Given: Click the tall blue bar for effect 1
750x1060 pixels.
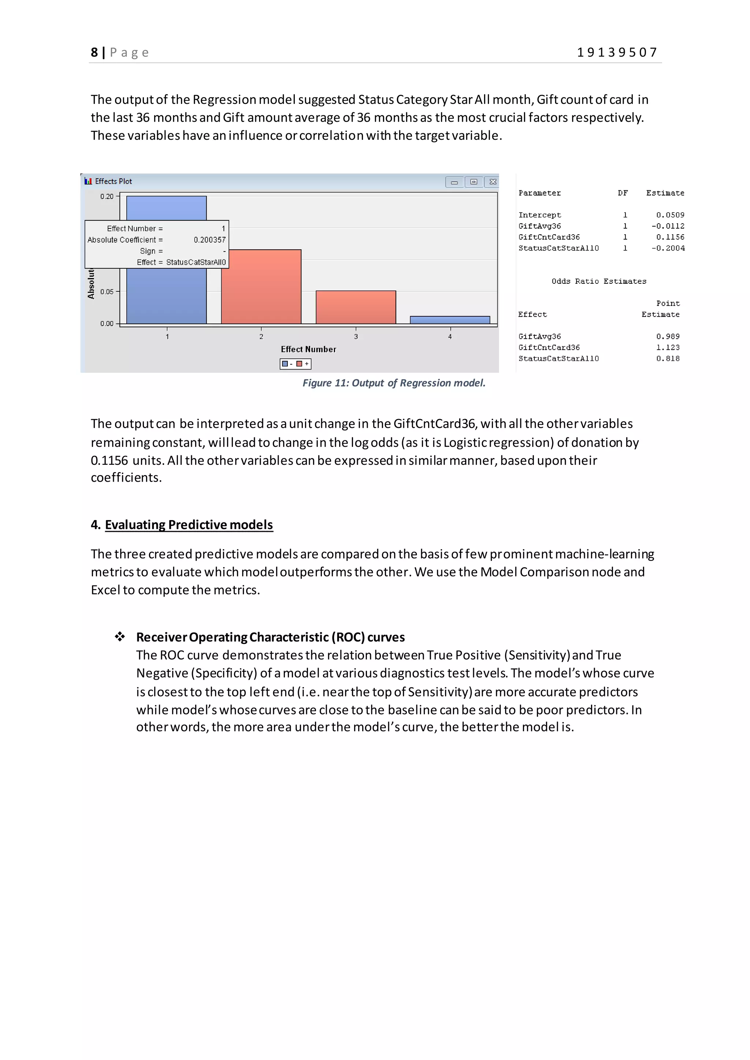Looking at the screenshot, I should [166, 295].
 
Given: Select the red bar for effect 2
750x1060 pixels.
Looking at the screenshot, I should [261, 286].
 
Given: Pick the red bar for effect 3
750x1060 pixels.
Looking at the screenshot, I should [356, 307].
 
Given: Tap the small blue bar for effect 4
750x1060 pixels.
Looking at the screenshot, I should [450, 320].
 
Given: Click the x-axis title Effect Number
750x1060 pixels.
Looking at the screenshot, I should [308, 350].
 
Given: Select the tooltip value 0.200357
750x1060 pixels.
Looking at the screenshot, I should [210, 240].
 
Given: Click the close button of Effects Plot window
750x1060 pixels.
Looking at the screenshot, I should [493, 182].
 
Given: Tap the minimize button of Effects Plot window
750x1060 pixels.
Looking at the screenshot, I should [454, 182].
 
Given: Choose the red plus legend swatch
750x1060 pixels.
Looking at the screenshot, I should [299, 364].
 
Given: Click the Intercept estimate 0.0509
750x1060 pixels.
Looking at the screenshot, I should [670, 215].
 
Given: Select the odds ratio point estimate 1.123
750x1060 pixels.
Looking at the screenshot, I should [668, 348].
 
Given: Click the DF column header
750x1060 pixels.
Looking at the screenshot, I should [623, 193].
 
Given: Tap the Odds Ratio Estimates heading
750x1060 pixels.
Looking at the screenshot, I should [598, 281].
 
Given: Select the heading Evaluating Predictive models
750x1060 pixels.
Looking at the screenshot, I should [189, 525].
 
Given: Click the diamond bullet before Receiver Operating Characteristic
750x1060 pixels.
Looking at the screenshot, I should [120, 637].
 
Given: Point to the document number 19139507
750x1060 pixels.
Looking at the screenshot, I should [617, 53].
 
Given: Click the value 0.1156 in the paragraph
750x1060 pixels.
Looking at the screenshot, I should [109, 461].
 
